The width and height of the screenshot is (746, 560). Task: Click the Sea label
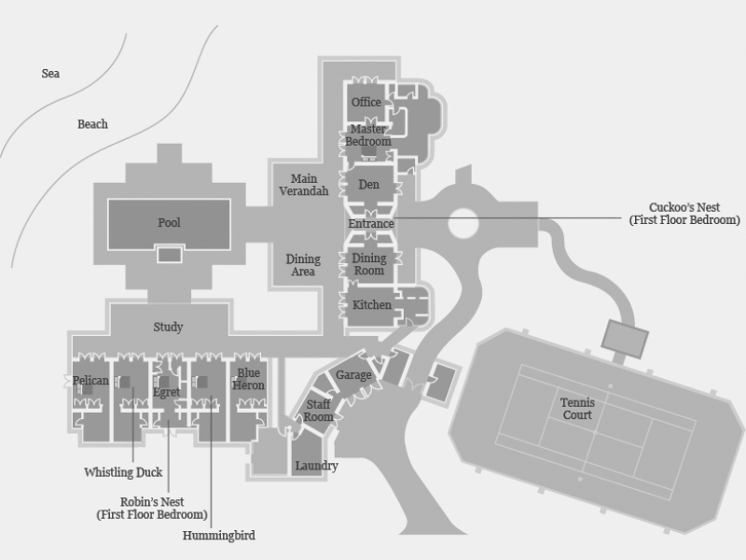pyautogui.click(x=50, y=73)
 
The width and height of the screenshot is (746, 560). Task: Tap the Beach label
pyautogui.click(x=92, y=124)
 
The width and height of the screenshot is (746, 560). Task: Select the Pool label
pyautogui.click(x=169, y=223)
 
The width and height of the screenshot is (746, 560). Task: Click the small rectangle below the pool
pyautogui.click(x=169, y=255)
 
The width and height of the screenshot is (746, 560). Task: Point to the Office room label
pyautogui.click(x=366, y=103)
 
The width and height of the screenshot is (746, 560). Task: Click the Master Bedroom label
pyautogui.click(x=367, y=135)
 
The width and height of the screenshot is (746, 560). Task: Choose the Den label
pyautogui.click(x=369, y=185)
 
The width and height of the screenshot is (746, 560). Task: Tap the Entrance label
pyautogui.click(x=371, y=224)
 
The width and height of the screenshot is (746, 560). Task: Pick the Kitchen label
pyautogui.click(x=371, y=305)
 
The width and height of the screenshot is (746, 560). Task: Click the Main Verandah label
pyautogui.click(x=304, y=185)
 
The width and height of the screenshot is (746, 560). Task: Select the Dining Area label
pyautogui.click(x=303, y=266)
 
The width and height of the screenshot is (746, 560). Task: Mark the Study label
pyautogui.click(x=168, y=328)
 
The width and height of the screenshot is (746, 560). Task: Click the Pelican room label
pyautogui.click(x=90, y=381)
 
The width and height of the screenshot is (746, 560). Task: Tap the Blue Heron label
pyautogui.click(x=249, y=379)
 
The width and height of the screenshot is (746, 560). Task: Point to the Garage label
pyautogui.click(x=353, y=375)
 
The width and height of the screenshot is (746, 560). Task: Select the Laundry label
pyautogui.click(x=316, y=466)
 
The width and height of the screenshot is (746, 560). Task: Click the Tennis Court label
pyautogui.click(x=577, y=409)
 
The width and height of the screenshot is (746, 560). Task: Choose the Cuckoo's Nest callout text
pyautogui.click(x=684, y=214)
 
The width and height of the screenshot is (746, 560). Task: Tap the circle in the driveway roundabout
pyautogui.click(x=463, y=223)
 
